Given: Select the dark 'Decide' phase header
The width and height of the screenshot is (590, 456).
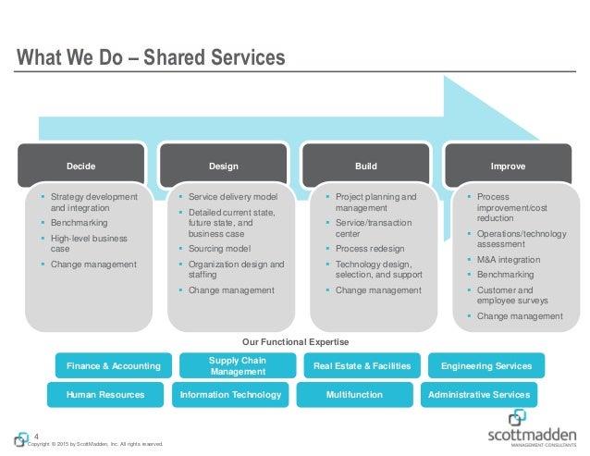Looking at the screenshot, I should click(80, 166).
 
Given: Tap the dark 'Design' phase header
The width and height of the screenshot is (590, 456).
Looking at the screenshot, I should click(224, 166).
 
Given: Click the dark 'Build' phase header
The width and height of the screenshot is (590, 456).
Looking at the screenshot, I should click(366, 166).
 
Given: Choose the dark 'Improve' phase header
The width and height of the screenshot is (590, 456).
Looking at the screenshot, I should click(509, 166).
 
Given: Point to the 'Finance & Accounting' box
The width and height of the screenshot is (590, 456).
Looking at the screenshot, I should click(113, 366).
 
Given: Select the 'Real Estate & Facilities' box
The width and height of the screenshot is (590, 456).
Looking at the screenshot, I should click(363, 366).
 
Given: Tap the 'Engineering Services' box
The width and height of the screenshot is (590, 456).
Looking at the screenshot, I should click(486, 366).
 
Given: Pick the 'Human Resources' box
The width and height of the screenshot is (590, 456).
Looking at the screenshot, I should click(105, 395).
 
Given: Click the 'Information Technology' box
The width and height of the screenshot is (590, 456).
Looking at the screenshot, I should click(230, 395).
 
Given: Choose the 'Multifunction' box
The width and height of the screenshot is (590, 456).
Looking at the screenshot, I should click(354, 395).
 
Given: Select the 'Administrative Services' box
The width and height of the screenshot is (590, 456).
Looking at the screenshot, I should click(479, 395).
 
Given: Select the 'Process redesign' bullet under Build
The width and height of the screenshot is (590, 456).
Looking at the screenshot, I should click(371, 250).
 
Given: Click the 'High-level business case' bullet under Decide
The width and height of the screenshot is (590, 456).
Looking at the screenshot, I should click(89, 244).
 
